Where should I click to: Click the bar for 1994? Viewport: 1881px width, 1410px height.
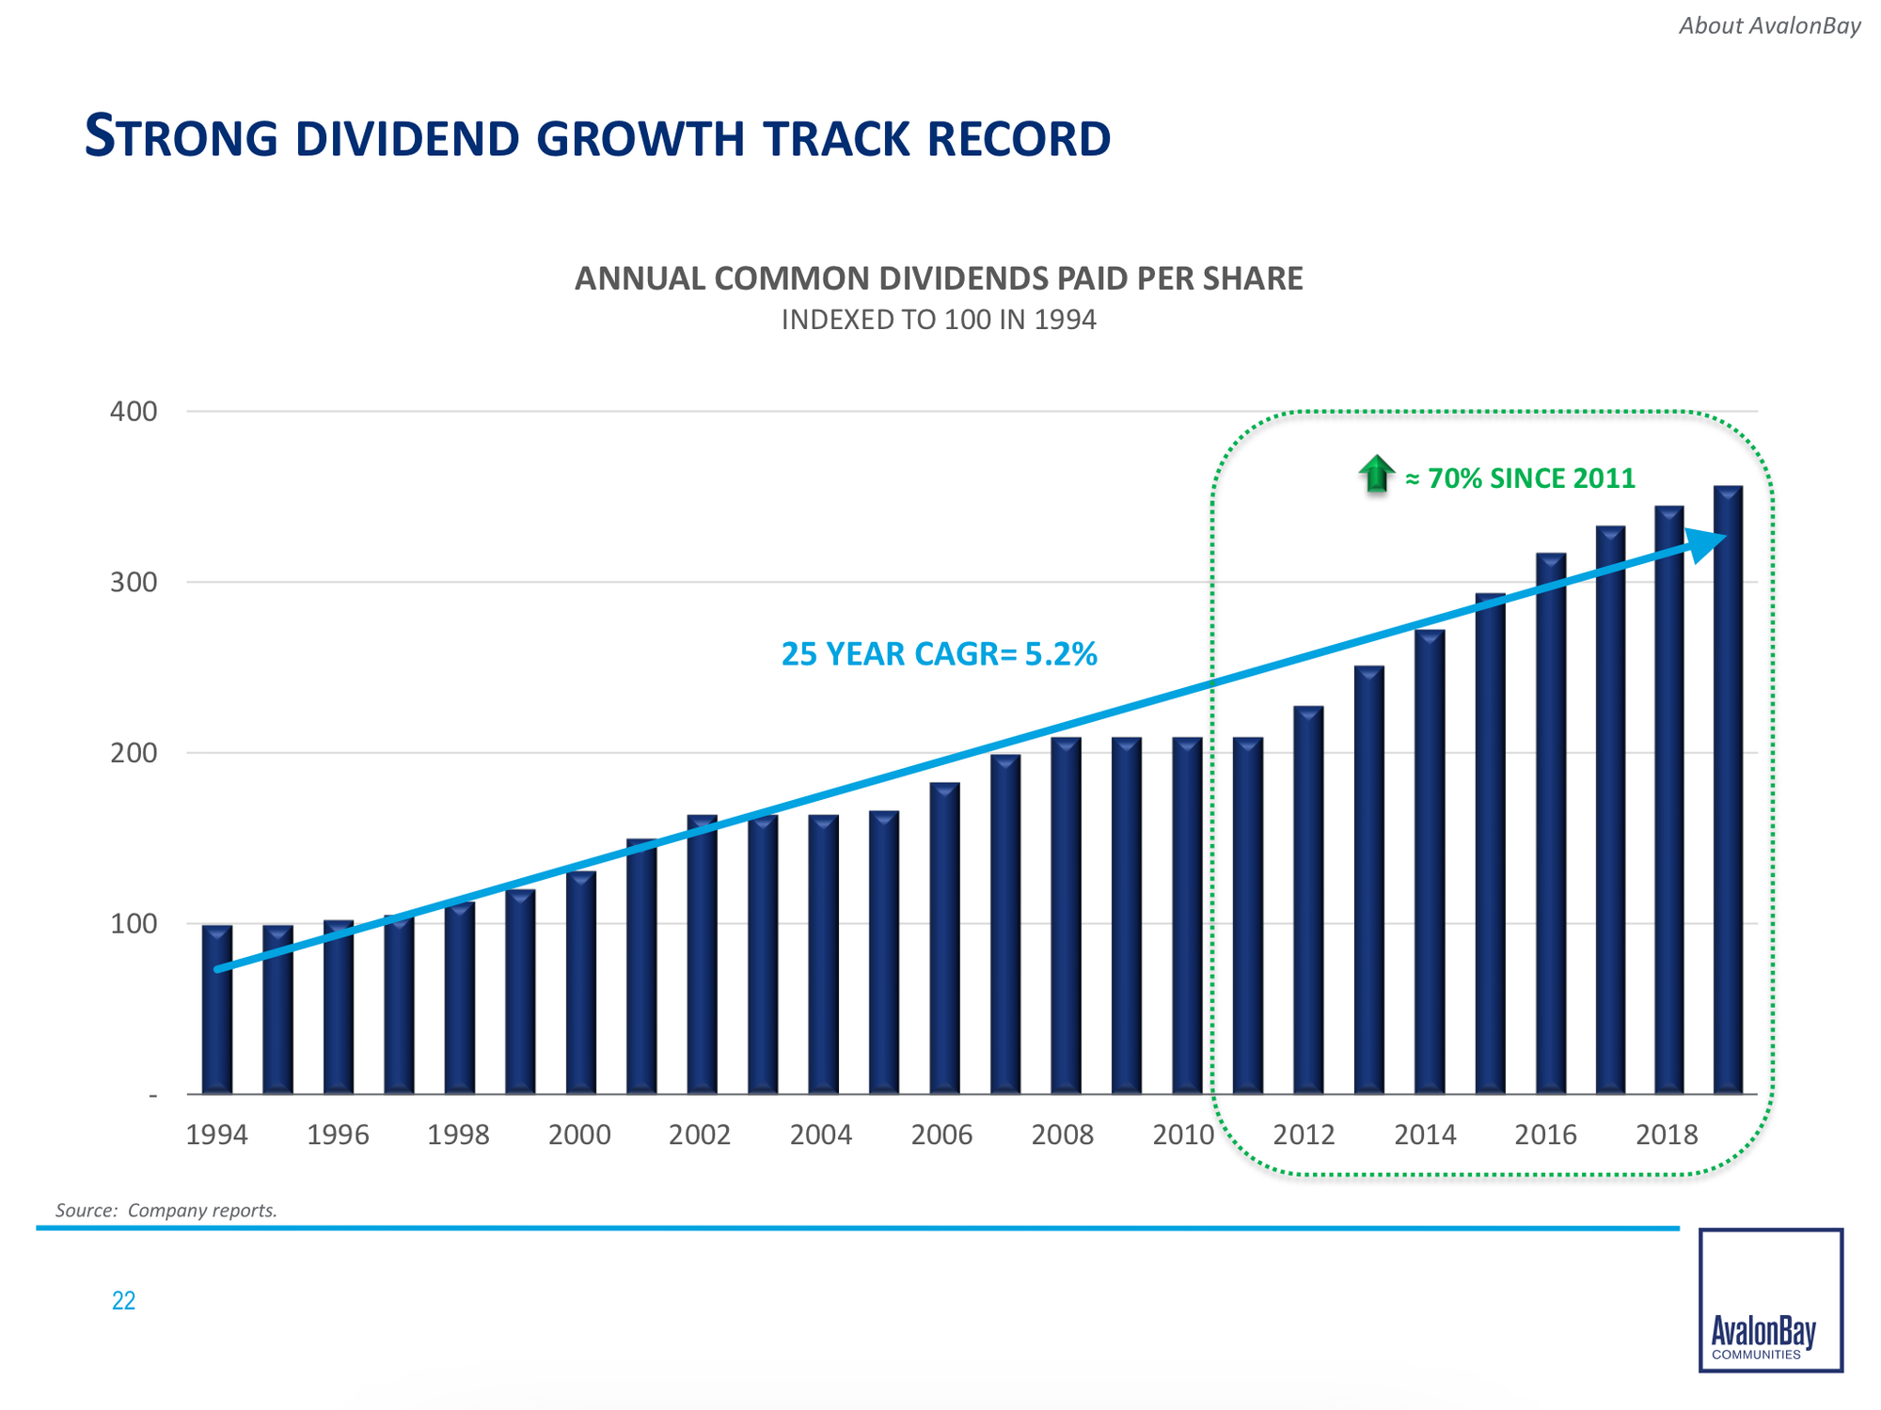pos(217,1010)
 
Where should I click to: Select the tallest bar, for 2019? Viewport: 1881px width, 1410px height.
pos(1728,790)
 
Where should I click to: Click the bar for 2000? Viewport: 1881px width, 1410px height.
pos(581,982)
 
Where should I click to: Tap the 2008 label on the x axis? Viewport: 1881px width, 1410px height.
pos(1063,1136)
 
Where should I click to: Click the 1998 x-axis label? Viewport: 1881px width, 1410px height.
pos(458,1136)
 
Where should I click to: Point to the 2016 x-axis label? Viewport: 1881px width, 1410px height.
pos(1545,1136)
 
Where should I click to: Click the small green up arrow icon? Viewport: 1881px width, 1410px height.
pos(1376,474)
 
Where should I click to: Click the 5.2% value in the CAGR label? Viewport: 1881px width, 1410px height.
pos(1060,654)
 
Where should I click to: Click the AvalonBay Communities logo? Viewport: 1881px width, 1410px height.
pos(1770,1300)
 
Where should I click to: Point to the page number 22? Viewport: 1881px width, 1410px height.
pos(123,1301)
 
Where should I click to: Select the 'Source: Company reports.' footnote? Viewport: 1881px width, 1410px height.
pos(166,1211)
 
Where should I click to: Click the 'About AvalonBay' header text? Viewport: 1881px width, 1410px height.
pos(1769,26)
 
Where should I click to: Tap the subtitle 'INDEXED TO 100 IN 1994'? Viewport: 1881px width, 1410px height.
pos(939,321)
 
